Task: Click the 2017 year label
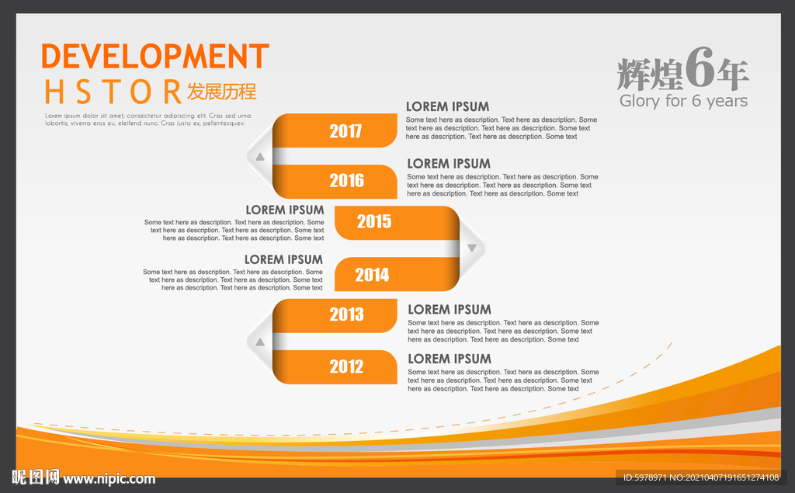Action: (x=345, y=131)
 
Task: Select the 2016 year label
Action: (x=347, y=181)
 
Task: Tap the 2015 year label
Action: (x=374, y=221)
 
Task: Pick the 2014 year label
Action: (x=372, y=275)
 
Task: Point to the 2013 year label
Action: (x=347, y=314)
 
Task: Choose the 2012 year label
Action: (x=347, y=366)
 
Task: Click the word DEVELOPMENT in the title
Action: (x=155, y=56)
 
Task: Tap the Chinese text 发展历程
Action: (x=221, y=92)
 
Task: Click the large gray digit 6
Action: (x=700, y=68)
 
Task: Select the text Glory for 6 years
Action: (x=683, y=101)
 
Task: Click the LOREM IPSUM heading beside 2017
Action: (x=448, y=106)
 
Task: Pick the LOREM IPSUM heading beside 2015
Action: (x=285, y=210)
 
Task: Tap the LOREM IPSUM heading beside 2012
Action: (x=450, y=359)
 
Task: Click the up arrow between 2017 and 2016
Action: (x=260, y=158)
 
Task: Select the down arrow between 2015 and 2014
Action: (x=472, y=248)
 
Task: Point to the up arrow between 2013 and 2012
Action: (x=260, y=342)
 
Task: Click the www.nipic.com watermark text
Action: (x=109, y=479)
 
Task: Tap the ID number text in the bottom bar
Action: (x=701, y=477)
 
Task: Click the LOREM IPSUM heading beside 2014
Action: (x=283, y=259)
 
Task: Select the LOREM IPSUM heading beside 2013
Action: (x=450, y=310)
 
